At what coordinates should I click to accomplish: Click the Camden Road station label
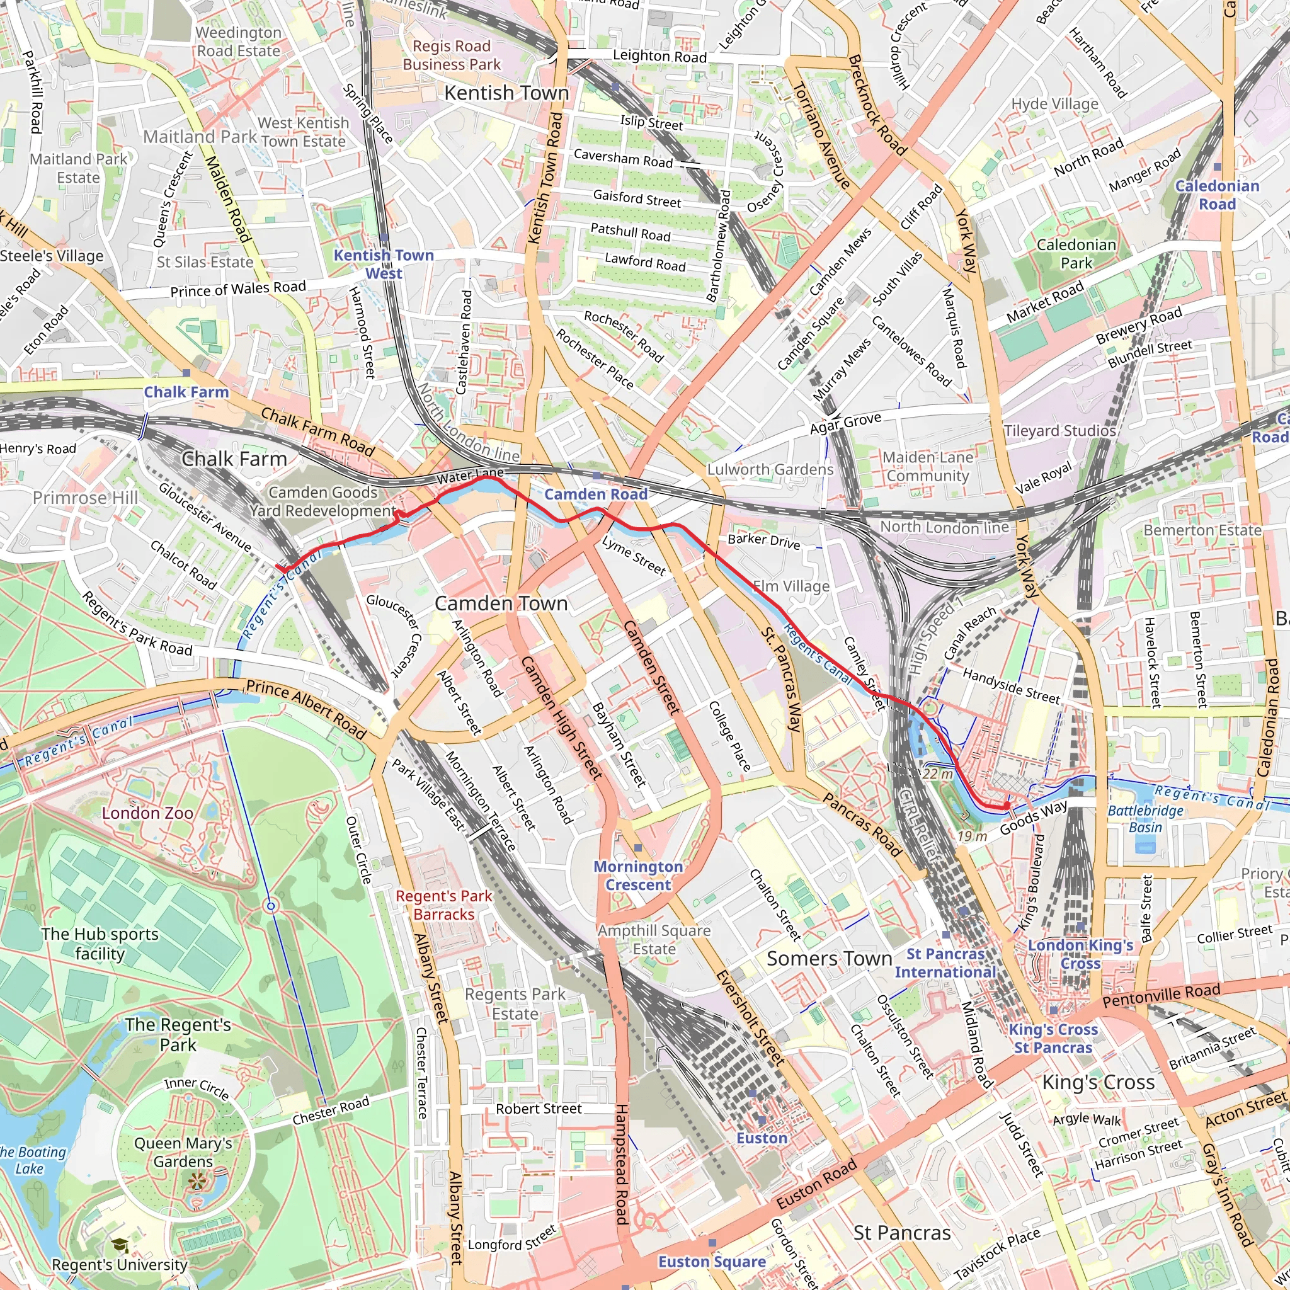pos(596,494)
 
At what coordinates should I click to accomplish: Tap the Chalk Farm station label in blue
pos(186,392)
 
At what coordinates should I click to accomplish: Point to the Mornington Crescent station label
pos(637,876)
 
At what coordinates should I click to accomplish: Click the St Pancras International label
pos(945,963)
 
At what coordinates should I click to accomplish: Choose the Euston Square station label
pos(712,1261)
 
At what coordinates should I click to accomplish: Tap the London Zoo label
pos(147,813)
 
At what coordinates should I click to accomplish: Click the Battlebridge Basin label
pos(1144,819)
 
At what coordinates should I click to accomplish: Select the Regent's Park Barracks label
pos(443,905)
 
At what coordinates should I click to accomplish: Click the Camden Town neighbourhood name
pos(501,603)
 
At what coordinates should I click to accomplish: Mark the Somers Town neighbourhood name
pos(829,958)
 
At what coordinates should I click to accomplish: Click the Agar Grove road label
pos(845,423)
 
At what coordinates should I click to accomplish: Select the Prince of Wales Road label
pos(237,289)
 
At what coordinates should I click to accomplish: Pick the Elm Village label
pos(791,586)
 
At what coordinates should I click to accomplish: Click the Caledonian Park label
pos(1076,254)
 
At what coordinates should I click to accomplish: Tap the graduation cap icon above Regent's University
pos(120,1245)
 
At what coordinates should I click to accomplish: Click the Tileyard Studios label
pos(1059,431)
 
